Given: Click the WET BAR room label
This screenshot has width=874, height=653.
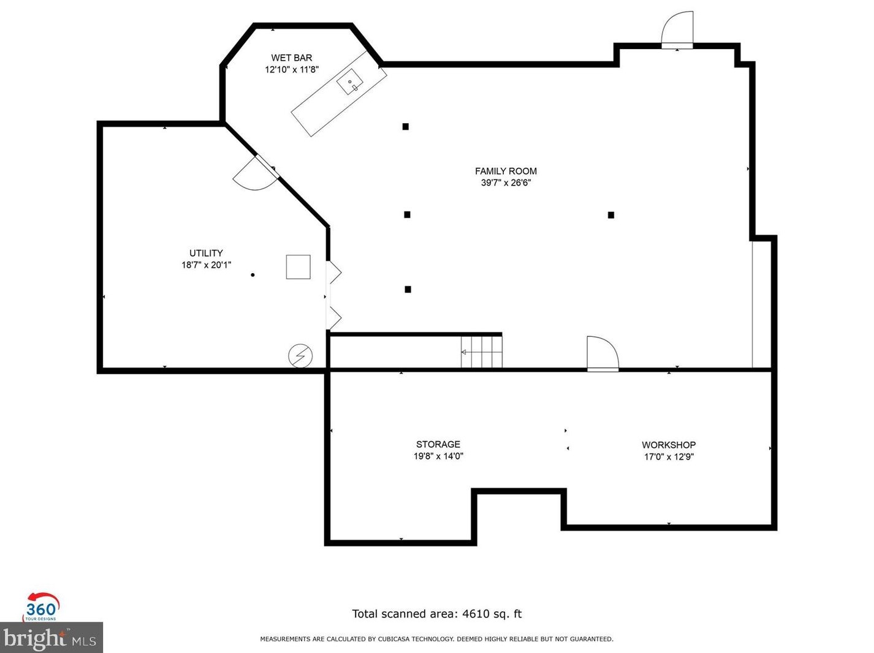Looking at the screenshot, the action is (292, 58).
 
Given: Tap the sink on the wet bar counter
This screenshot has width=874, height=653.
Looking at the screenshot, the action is (350, 82).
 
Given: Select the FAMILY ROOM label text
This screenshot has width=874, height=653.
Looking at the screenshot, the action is (506, 171).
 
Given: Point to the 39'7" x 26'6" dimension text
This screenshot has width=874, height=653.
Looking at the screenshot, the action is (506, 183).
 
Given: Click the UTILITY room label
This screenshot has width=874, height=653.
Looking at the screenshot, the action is (206, 253).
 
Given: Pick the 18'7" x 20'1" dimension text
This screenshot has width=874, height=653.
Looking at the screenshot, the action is (207, 265).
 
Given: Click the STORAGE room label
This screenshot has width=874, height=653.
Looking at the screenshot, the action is (438, 444).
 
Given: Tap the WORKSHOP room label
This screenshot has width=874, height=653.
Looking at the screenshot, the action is (669, 445).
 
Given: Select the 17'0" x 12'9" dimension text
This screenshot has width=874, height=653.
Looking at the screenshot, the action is (669, 457).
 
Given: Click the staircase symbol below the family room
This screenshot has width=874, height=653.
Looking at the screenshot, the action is (481, 352).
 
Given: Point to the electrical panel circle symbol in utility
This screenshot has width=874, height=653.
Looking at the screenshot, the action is (300, 356).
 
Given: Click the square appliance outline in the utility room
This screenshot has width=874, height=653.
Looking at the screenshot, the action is (298, 267).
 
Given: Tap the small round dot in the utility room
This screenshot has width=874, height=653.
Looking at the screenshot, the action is (253, 275).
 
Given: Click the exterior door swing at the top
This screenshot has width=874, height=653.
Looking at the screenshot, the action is (677, 29).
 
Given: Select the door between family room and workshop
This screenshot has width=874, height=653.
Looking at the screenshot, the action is (603, 353).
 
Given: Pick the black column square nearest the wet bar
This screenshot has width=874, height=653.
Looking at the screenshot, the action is (405, 127).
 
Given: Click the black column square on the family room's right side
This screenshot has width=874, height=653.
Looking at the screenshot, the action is (611, 215).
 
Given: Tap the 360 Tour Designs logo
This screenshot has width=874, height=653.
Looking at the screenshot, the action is (42, 606).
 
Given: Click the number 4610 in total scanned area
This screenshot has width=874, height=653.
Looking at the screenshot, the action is (476, 614).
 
